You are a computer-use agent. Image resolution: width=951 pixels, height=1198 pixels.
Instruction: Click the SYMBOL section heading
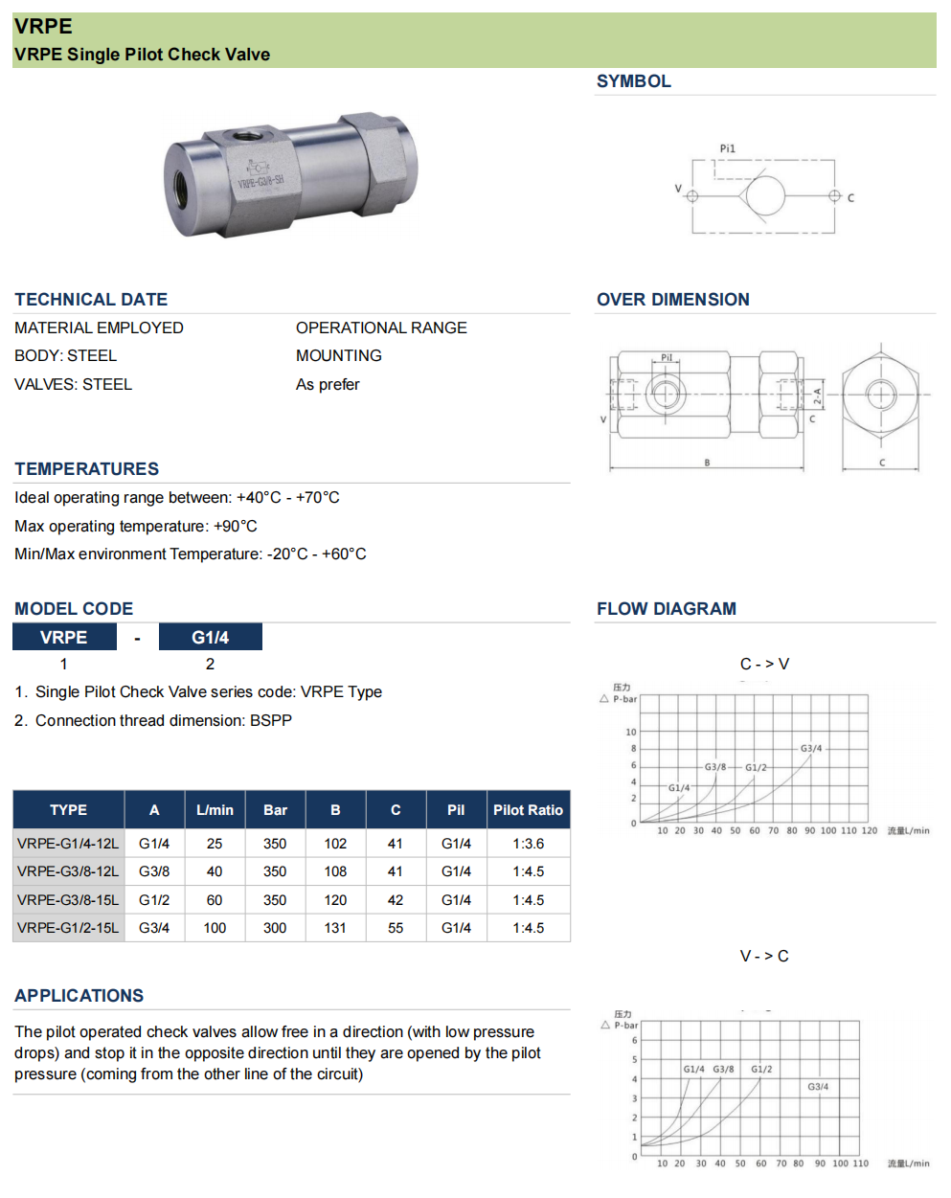coord(633,81)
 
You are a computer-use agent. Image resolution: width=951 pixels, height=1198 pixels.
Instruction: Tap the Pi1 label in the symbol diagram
coord(728,148)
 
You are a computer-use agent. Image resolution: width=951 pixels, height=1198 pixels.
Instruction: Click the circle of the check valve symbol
coord(764,196)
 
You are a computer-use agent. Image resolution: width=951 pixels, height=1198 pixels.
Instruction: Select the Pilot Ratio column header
coord(528,810)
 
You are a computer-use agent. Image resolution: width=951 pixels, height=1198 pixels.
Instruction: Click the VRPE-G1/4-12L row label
coord(68,844)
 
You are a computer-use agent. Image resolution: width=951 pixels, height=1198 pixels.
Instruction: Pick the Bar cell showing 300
coord(275,928)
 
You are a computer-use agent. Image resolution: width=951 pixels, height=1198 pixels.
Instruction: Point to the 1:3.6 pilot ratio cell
coord(528,844)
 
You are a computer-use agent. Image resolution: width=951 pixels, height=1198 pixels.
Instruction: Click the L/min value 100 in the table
coord(215,928)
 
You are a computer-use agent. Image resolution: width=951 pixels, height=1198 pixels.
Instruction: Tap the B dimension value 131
coord(335,928)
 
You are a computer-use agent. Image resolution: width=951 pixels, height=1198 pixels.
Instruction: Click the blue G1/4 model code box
coord(210,638)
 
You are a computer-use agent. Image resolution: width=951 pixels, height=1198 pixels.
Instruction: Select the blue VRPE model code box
coord(64,638)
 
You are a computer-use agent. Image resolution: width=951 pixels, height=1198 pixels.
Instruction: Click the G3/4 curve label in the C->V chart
coord(811,749)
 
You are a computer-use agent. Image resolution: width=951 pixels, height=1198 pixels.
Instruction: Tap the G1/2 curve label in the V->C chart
coord(761,1069)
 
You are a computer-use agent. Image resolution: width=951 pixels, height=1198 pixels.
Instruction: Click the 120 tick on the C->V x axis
coord(869,831)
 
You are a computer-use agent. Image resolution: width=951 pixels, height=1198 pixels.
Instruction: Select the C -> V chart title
coord(764,664)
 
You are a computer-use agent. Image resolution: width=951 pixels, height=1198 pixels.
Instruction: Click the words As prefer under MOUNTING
coord(328,384)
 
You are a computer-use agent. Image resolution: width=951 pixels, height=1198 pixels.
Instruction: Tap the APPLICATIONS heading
coord(79,996)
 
